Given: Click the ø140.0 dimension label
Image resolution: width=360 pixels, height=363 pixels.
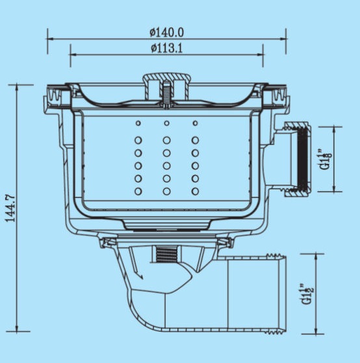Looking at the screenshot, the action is coord(167,33).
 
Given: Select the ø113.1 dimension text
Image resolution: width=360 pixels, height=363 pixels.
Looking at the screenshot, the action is coord(167,49).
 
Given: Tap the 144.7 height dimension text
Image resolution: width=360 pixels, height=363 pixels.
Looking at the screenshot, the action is coord(10,209).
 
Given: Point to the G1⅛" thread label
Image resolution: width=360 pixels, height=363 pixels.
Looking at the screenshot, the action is coord(325,160).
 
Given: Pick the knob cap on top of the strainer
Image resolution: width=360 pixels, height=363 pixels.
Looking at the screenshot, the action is coord(167,86).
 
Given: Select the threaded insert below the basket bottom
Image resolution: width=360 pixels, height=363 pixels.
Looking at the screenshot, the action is coord(166,254).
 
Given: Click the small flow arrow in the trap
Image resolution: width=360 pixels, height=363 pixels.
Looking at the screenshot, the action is coord(138,275).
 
